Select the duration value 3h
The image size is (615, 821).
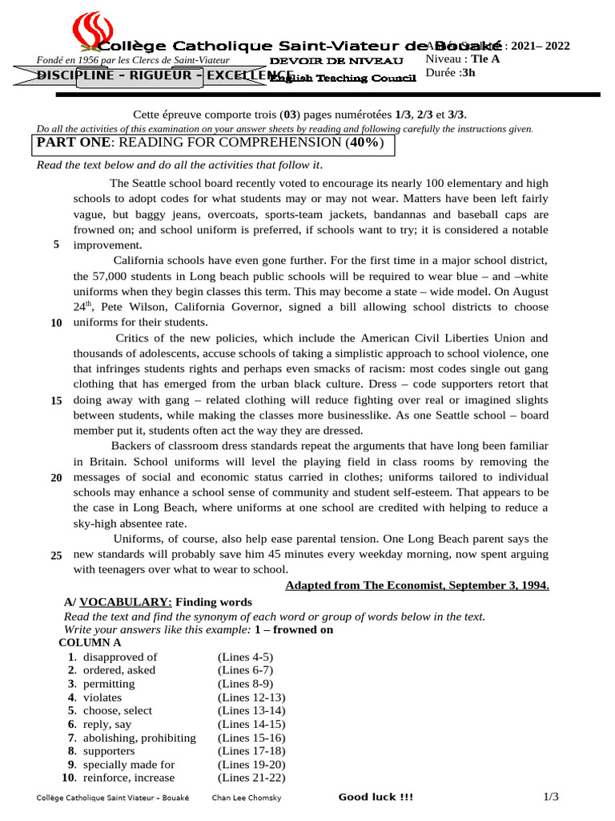pos(467,72)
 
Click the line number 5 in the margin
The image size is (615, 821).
pos(56,245)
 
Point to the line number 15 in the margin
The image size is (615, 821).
pos(56,400)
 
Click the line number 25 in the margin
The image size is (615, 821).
pos(56,556)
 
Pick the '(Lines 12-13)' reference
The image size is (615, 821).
pos(251,698)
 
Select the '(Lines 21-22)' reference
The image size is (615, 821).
pos(251,778)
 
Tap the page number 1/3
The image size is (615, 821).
pos(550,797)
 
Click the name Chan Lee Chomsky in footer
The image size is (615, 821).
pos(246,798)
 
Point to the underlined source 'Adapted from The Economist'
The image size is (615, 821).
pos(417,585)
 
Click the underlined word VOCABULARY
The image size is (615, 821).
pos(125,602)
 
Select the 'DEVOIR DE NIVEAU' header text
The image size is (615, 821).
pos(336,61)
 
